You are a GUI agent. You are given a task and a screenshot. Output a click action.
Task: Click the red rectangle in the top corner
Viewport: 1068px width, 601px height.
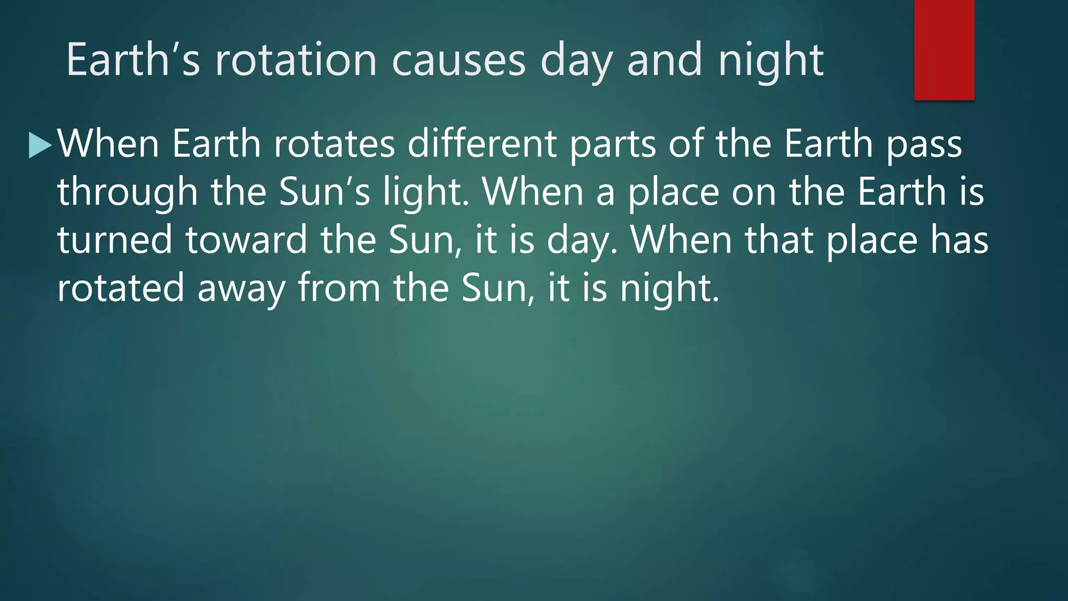944,50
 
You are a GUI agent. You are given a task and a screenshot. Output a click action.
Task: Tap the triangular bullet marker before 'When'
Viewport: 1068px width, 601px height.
40,145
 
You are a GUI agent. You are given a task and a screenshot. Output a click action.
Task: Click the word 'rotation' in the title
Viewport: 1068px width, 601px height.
296,60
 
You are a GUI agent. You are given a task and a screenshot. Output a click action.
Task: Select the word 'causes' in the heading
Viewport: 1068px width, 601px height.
458,60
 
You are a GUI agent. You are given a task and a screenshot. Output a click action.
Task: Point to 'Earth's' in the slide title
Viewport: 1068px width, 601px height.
133,60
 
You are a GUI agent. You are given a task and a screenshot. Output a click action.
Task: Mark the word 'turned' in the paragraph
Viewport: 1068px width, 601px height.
114,240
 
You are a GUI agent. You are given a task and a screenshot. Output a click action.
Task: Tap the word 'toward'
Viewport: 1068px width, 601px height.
246,240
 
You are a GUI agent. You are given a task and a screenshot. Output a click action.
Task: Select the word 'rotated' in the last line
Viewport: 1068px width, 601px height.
120,288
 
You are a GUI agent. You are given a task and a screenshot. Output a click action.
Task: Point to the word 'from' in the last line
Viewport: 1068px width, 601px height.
339,288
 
